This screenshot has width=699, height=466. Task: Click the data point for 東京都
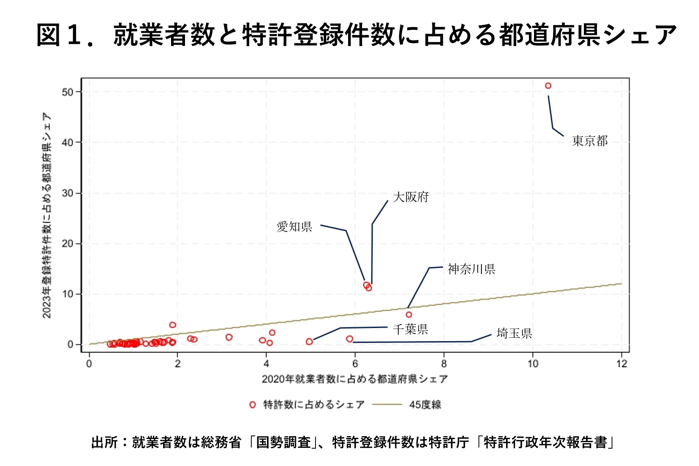click(x=548, y=86)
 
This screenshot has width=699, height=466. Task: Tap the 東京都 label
click(x=589, y=141)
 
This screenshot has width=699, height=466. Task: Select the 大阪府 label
click(x=411, y=197)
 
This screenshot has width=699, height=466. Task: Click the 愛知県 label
click(x=294, y=227)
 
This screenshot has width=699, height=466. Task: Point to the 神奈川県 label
click(x=471, y=269)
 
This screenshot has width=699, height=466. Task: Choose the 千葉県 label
click(x=410, y=329)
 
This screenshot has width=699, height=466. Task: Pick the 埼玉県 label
click(x=514, y=333)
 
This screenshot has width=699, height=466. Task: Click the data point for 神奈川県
click(x=409, y=315)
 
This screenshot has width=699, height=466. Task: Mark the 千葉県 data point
click(x=309, y=342)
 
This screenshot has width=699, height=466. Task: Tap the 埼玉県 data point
click(x=349, y=339)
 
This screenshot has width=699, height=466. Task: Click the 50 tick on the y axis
click(x=68, y=92)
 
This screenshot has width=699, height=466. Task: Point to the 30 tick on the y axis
click(x=68, y=193)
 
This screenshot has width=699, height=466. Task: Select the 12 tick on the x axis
click(x=622, y=364)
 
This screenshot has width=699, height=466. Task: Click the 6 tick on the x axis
click(x=355, y=364)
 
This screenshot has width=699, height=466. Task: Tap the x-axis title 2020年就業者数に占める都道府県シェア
click(x=355, y=379)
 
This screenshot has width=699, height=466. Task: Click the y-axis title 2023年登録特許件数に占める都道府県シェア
click(x=47, y=215)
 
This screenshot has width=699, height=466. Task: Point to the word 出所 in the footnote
click(x=104, y=442)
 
